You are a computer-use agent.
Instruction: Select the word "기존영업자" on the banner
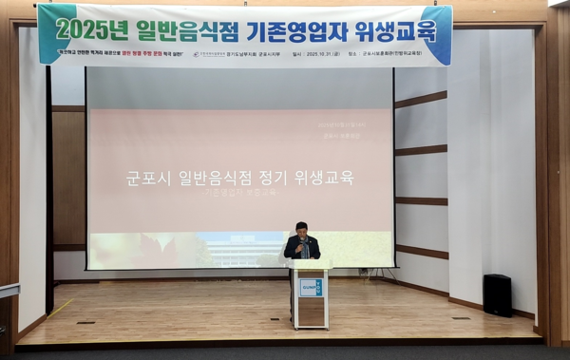294,28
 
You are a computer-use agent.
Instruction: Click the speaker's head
301,228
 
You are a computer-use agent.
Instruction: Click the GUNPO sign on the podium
311,287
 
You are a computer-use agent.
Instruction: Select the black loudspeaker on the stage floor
497,294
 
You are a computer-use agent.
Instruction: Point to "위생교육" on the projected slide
313,177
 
